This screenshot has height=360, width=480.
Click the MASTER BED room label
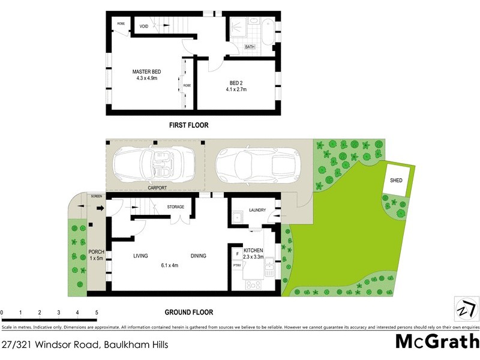point(146,75)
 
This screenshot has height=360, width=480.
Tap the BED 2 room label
point(236,86)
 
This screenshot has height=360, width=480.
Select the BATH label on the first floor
point(250,47)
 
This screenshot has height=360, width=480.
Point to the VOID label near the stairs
point(144,27)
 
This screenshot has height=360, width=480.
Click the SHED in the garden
point(396,180)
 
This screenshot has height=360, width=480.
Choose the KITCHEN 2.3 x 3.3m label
point(253,253)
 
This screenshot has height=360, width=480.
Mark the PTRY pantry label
point(236,265)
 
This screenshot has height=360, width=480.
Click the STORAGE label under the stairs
point(176,207)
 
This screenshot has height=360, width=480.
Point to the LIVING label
point(140,256)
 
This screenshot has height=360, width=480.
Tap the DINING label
point(198,256)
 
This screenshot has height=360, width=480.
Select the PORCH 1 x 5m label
point(96,255)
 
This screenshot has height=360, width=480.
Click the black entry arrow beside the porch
point(100,209)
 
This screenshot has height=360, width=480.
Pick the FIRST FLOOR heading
point(188,125)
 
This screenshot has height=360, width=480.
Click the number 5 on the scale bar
point(97,313)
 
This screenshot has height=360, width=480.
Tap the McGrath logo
point(436,341)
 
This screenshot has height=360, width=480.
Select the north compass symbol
point(466,310)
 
